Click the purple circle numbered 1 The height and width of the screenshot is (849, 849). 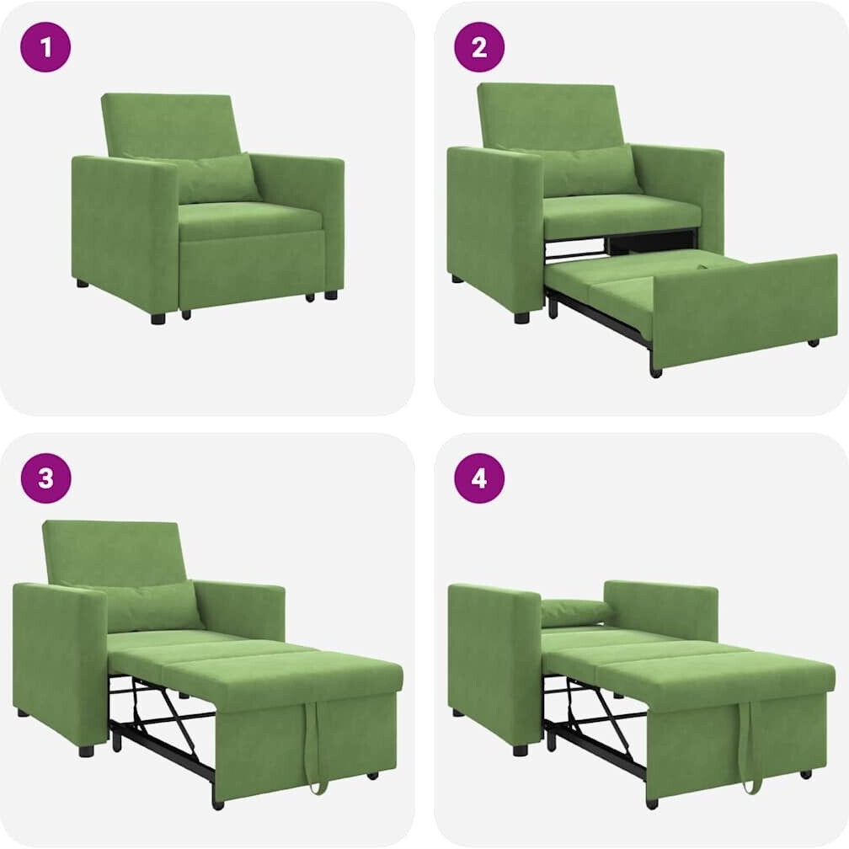(x=45, y=47)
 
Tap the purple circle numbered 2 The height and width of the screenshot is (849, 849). (x=479, y=47)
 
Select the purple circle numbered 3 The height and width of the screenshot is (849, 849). (x=45, y=478)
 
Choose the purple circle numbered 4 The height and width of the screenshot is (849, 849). (x=479, y=478)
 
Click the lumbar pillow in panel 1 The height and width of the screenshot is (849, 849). (x=216, y=177)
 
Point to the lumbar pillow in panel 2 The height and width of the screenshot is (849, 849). (x=590, y=170)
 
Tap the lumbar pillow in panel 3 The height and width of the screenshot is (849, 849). (x=152, y=606)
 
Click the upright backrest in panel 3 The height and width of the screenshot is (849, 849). (x=115, y=553)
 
